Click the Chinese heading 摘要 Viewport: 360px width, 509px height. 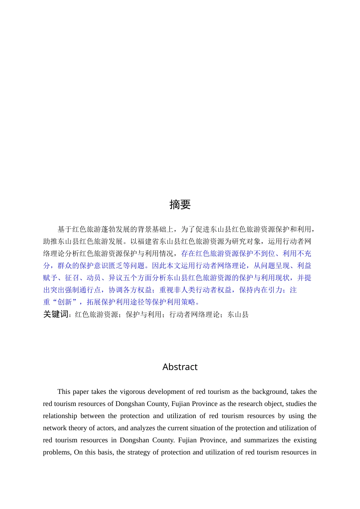coord(180,205)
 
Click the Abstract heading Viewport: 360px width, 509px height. coord(180,367)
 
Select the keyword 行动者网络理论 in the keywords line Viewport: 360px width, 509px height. coord(194,314)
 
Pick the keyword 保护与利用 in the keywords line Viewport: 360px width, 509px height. coord(144,314)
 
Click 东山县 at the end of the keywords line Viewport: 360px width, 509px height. coord(238,314)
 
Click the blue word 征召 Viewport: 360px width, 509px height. coord(72,278)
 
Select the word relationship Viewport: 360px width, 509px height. coord(59,416)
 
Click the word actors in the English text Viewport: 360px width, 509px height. coord(106,428)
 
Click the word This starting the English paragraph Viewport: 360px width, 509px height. coord(64,392)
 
